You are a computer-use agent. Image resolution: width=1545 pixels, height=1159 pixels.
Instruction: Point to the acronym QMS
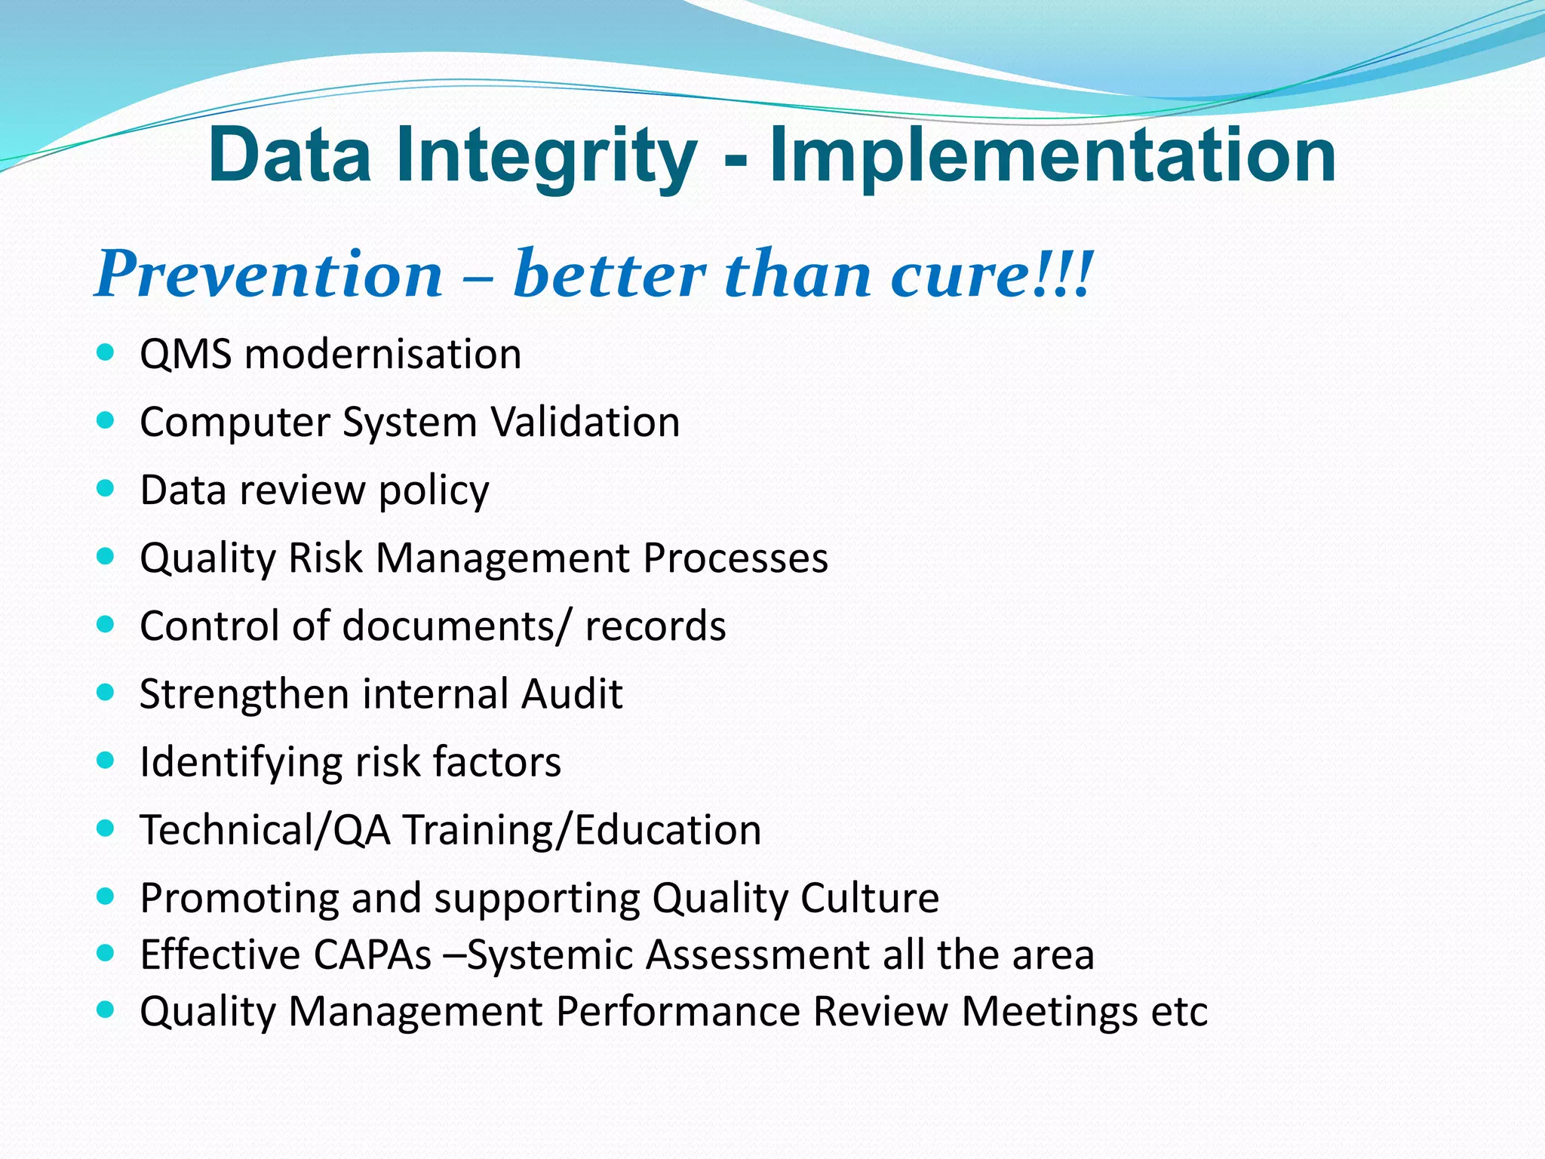186,354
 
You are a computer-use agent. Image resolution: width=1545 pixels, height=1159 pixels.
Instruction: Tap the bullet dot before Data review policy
106,488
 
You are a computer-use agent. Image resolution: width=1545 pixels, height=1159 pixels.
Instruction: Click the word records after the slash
655,626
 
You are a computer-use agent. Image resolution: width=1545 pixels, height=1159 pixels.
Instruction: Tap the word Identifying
241,762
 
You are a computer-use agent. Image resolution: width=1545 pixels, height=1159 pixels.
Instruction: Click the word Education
668,830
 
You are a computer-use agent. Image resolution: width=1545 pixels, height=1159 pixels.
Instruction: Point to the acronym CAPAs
371,955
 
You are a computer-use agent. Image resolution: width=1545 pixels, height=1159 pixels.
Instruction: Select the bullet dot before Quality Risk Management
106,557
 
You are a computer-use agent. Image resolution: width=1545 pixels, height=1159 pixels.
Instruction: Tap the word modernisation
382,354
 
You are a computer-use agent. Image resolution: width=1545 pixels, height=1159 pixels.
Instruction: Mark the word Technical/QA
266,830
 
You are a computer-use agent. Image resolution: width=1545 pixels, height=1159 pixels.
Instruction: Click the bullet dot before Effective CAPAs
106,953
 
